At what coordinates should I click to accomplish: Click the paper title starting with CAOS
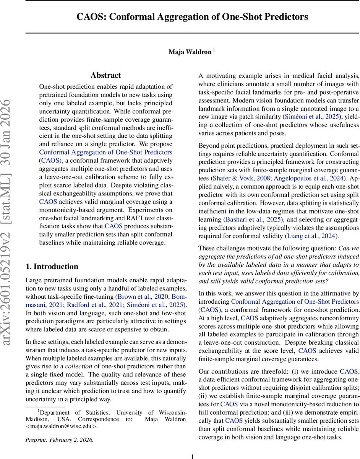pyautogui.click(x=192, y=17)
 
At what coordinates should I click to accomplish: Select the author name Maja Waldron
pyautogui.click(x=190, y=52)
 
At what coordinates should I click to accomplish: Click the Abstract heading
pyautogui.click(x=105, y=75)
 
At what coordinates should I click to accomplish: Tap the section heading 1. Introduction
pyautogui.click(x=52, y=267)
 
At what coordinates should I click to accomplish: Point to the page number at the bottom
pyautogui.click(x=193, y=456)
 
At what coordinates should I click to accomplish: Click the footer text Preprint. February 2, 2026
pyautogui.click(x=59, y=439)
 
